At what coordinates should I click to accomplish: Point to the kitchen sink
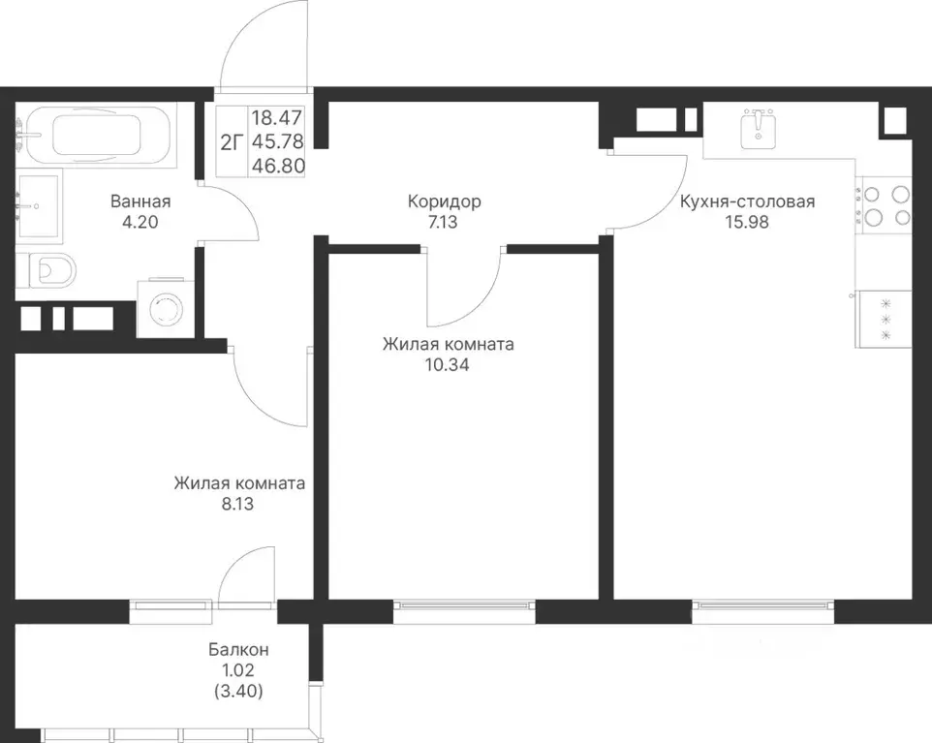tap(759, 129)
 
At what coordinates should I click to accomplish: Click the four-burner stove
tap(884, 205)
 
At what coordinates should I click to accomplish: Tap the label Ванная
tap(140, 201)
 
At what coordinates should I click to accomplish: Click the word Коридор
tap(444, 201)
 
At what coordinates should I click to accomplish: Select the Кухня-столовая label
tap(747, 201)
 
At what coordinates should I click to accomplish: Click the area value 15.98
tap(747, 222)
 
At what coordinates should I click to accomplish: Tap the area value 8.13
tap(237, 504)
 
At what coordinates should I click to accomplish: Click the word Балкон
tap(238, 650)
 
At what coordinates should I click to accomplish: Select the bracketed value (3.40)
tap(237, 692)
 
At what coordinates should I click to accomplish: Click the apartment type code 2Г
tap(233, 142)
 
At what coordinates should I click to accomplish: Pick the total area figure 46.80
tap(278, 166)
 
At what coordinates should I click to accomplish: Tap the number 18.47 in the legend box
tap(277, 117)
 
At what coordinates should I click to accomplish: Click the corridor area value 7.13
tap(443, 222)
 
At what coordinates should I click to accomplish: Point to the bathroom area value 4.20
tap(140, 222)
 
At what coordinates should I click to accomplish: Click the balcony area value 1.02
tap(237, 670)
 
